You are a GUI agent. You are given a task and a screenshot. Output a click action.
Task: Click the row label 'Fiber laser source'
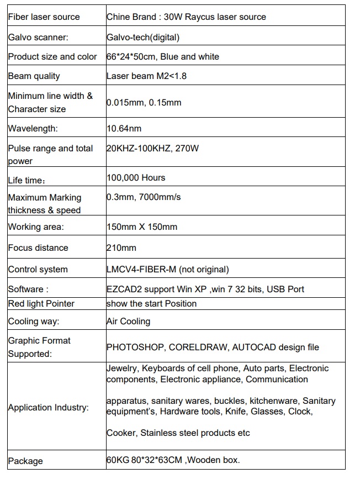[44, 17]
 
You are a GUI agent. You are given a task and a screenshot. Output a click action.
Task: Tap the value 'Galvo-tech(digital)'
[143, 37]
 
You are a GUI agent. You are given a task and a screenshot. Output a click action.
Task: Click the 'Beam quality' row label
[34, 76]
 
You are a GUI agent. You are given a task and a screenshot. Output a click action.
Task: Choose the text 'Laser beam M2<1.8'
[146, 76]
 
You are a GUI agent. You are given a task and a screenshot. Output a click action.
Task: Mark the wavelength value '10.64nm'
[124, 129]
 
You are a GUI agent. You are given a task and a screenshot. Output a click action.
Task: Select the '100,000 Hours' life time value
[136, 177]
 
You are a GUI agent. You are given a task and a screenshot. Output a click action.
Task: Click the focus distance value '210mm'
[121, 248]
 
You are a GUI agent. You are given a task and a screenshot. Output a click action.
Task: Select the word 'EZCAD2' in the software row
[123, 289]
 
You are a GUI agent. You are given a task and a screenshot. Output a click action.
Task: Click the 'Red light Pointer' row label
[41, 303]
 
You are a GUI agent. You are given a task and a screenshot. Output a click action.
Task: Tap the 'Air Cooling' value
[128, 321]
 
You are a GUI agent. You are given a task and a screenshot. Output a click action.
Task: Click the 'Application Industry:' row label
[48, 408]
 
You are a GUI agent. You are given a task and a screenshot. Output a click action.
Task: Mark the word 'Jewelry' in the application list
[122, 369]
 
